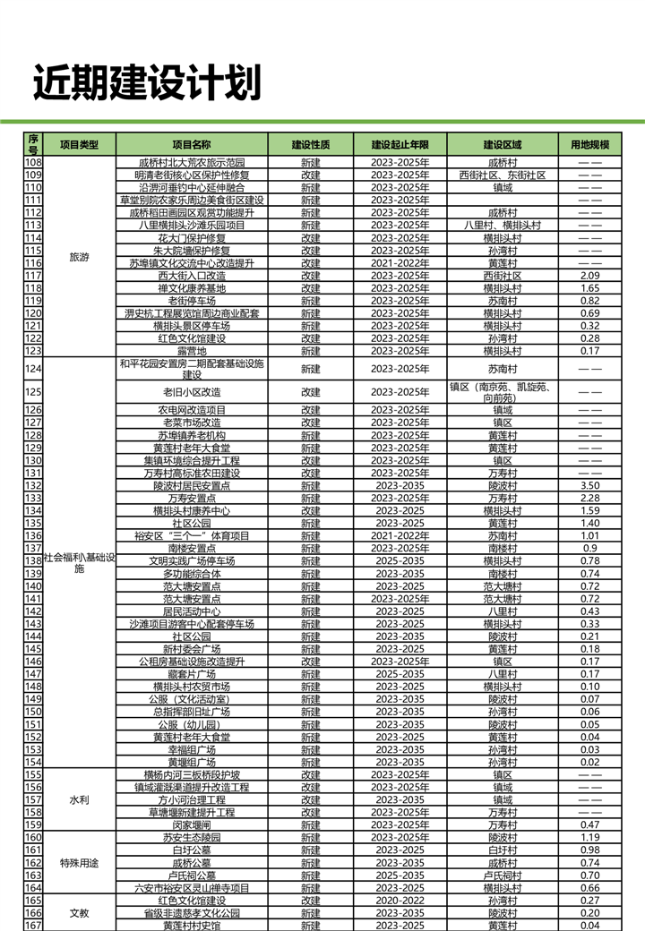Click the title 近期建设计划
point(147,83)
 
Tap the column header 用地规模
point(589,144)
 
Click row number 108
point(33,163)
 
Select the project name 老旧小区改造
point(192,392)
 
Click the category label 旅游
point(79,257)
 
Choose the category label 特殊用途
point(79,863)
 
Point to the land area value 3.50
point(589,485)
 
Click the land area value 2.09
point(589,276)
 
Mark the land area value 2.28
point(589,498)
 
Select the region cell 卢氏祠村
point(502,875)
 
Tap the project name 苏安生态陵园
point(192,837)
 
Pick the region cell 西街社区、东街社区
point(502,175)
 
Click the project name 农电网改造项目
point(192,410)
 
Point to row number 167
point(33,926)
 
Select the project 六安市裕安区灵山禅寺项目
point(192,888)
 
